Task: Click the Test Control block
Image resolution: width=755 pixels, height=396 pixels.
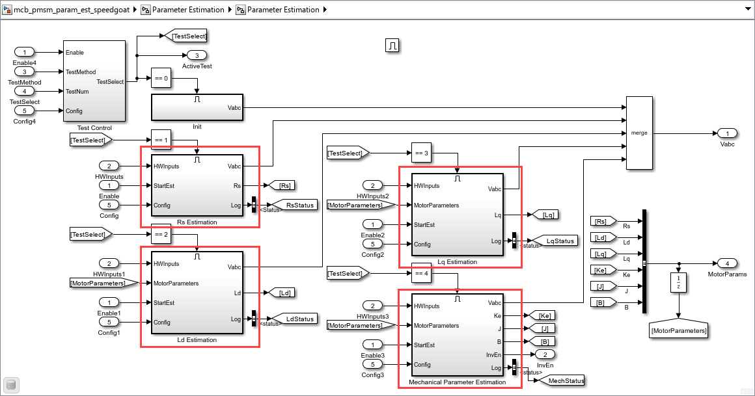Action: point(94,81)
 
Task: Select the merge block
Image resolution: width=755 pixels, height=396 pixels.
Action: point(639,133)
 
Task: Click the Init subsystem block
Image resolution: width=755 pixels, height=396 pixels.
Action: point(197,107)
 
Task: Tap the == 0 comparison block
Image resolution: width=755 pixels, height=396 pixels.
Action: point(161,78)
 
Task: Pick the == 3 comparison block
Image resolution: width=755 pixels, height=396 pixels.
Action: point(421,153)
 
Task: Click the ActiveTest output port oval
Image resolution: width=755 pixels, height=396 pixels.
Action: point(197,55)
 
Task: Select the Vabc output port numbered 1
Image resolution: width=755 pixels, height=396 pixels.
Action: point(727,133)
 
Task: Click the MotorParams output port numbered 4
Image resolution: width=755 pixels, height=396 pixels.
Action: point(727,263)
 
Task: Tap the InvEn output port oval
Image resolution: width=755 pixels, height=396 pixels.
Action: point(545,354)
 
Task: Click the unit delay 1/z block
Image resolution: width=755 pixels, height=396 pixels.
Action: point(678,282)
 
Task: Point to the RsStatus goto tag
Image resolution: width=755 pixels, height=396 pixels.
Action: point(295,205)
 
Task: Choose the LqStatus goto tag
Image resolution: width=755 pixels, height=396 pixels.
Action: point(555,241)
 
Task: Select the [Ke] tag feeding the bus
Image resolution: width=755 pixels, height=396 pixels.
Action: point(603,270)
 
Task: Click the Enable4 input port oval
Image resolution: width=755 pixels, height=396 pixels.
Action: point(24,52)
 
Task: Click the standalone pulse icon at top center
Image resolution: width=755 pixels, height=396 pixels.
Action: point(392,46)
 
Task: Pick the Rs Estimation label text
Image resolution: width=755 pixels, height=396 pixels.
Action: point(197,222)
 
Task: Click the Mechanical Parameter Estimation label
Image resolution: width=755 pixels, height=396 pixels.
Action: point(458,382)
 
